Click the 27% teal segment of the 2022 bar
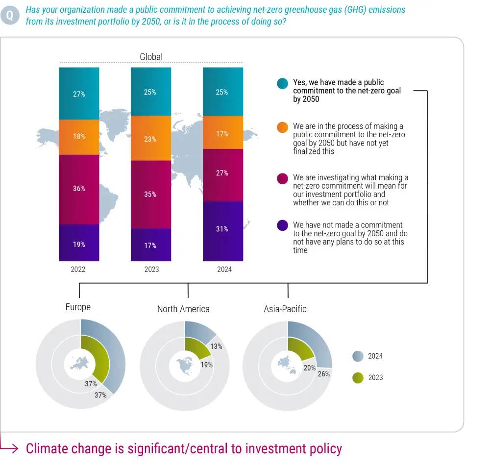(79, 94)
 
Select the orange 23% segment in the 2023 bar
(151, 139)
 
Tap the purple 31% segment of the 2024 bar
(223, 230)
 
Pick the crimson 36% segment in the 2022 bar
(79, 189)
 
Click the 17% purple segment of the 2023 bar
(151, 245)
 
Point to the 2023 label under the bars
(151, 270)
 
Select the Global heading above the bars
(151, 57)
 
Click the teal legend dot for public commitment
(282, 83)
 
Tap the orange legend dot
(282, 127)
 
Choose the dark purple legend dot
(282, 225)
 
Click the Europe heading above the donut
(78, 307)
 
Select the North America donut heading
(183, 309)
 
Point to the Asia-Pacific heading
(285, 309)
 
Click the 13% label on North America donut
(217, 346)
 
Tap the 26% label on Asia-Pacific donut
(324, 373)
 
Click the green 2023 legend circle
(358, 378)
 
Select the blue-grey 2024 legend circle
(358, 356)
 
